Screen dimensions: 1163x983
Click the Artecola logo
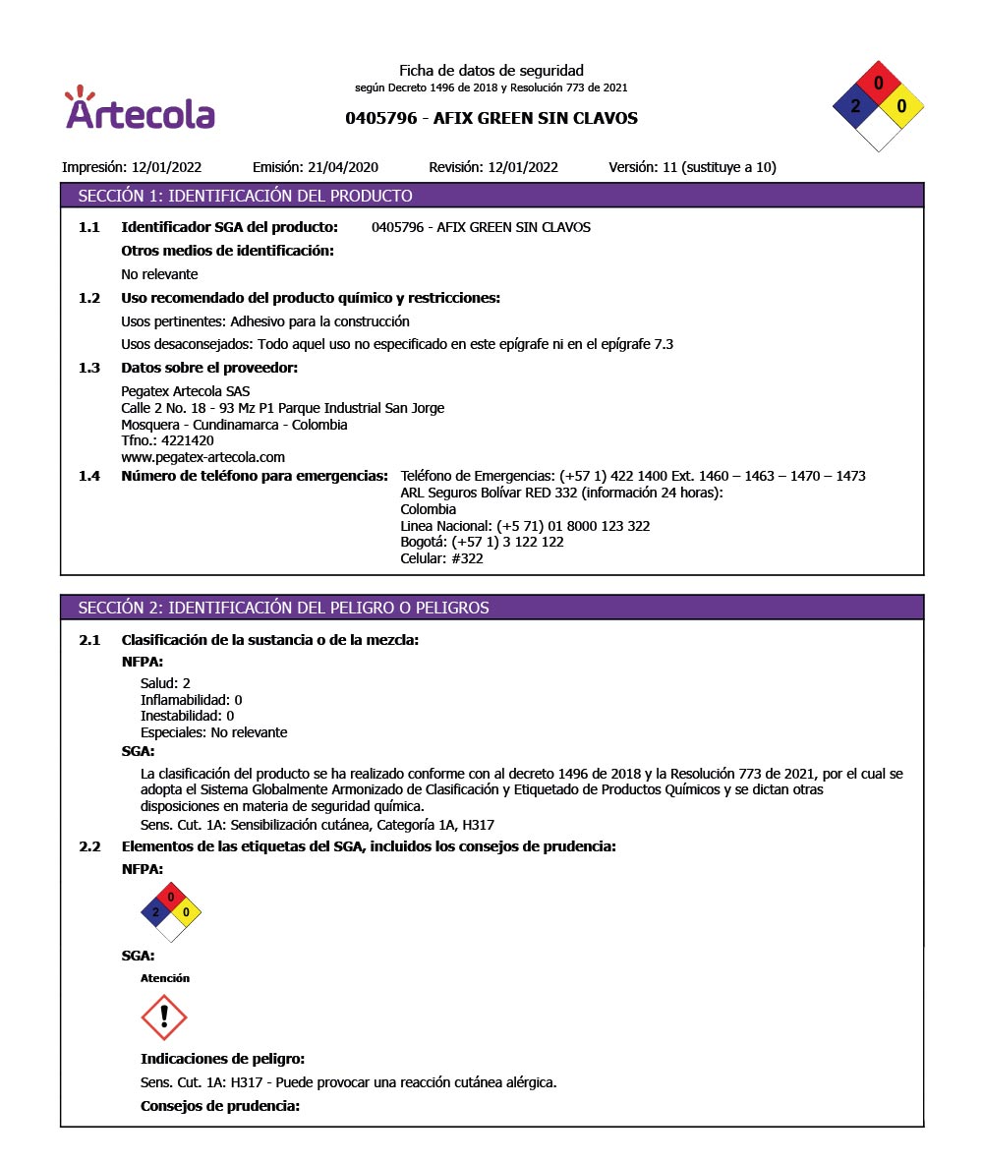pyautogui.click(x=140, y=110)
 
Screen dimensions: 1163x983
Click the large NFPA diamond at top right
pyautogui.click(x=878, y=106)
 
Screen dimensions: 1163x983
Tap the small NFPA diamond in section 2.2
pyautogui.click(x=171, y=911)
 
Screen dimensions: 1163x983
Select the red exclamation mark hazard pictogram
pyautogui.click(x=164, y=1017)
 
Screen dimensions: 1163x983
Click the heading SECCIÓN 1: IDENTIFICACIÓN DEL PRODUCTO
pyautogui.click(x=245, y=196)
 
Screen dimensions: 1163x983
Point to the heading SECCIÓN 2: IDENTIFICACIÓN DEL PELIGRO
pyautogui.click(x=283, y=608)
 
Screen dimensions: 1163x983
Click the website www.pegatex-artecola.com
pyautogui.click(x=202, y=457)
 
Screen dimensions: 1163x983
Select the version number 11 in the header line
pyautogui.click(x=670, y=167)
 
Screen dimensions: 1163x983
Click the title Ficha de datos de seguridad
pyautogui.click(x=491, y=71)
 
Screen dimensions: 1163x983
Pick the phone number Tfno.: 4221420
pyautogui.click(x=167, y=441)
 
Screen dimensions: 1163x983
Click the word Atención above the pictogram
pyautogui.click(x=165, y=978)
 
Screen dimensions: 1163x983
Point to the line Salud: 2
pyautogui.click(x=165, y=683)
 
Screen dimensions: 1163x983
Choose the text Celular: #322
pyautogui.click(x=441, y=558)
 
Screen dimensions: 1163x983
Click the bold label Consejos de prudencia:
pyautogui.click(x=219, y=1106)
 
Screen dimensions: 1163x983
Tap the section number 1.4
pyautogui.click(x=89, y=476)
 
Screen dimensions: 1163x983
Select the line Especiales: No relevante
pyautogui.click(x=213, y=732)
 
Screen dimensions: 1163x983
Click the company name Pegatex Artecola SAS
pyautogui.click(x=185, y=391)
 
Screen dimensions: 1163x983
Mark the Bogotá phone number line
pyautogui.click(x=482, y=542)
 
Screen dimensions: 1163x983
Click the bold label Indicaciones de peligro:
pyautogui.click(x=222, y=1059)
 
